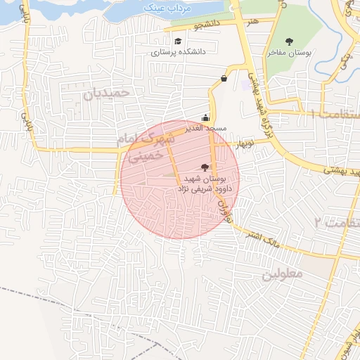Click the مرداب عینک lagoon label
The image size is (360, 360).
160,6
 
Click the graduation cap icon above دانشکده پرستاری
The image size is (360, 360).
178,41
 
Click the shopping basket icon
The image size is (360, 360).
224,78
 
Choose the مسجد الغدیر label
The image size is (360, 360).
205,129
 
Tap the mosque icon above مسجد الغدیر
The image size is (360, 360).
205,117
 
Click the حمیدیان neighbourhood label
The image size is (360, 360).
108,94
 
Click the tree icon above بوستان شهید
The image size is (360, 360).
205,167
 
